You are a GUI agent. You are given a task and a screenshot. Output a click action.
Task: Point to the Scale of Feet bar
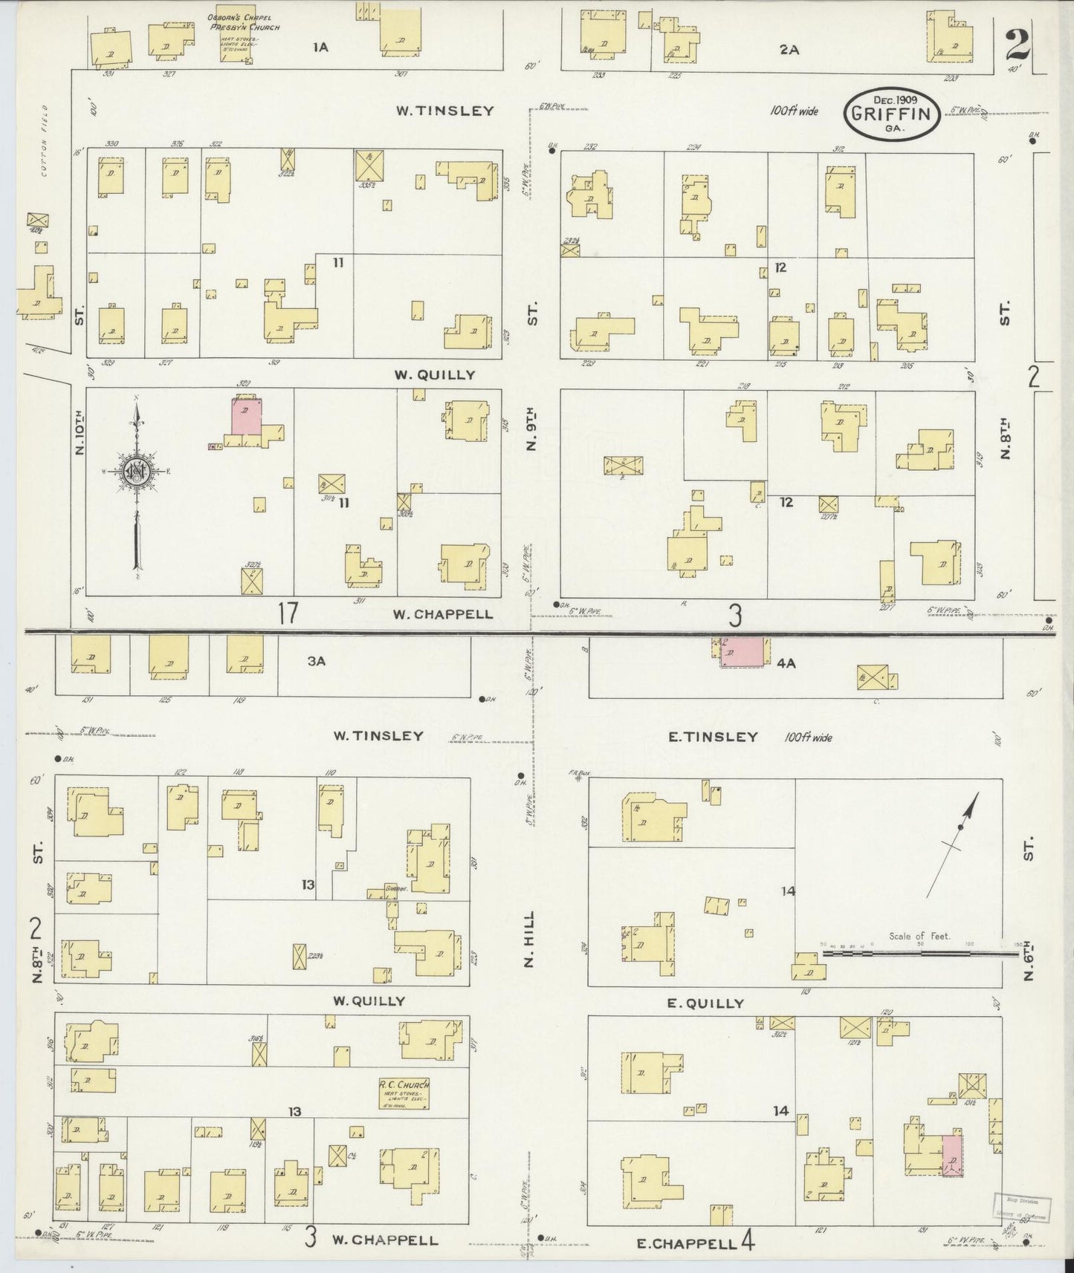[919, 948]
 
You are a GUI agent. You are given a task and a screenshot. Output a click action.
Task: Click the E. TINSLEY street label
[712, 737]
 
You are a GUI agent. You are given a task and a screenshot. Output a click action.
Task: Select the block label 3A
[317, 661]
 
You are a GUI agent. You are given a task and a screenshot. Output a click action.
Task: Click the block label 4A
[786, 663]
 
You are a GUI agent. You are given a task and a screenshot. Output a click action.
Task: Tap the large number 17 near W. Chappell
[288, 614]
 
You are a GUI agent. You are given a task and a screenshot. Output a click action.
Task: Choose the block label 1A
[320, 48]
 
